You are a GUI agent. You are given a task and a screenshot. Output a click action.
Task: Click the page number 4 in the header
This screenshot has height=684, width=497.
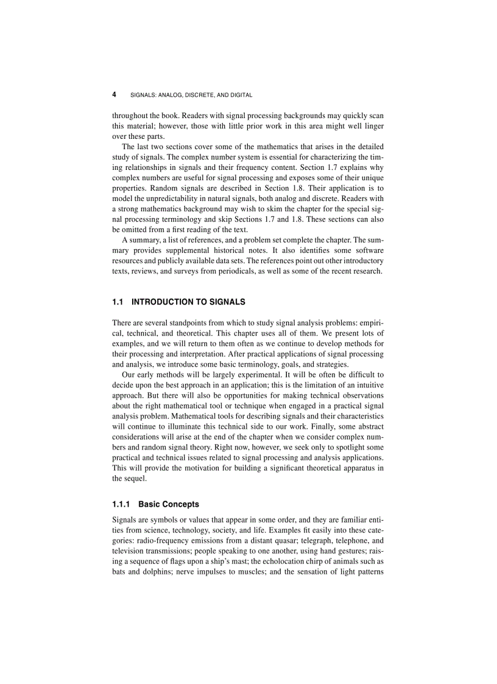[115, 95]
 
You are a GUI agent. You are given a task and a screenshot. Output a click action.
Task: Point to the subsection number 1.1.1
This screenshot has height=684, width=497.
[122, 504]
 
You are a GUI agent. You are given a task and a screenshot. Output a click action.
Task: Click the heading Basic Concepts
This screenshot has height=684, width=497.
[169, 504]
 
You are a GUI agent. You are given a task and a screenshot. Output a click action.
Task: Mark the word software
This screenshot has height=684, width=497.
[365, 250]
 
